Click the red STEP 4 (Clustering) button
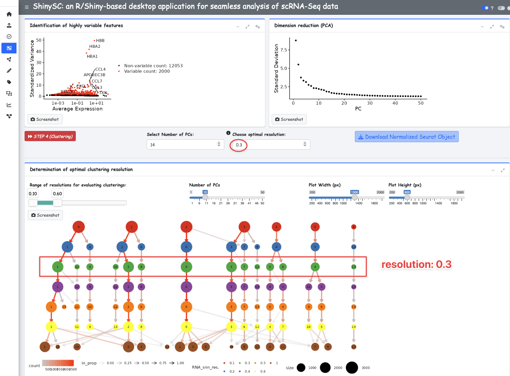coord(50,136)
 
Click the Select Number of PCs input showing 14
coord(183,145)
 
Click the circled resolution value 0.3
coord(239,145)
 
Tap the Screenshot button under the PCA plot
coord(289,119)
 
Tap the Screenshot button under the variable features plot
coord(45,119)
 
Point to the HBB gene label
coord(100,41)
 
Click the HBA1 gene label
coord(92,56)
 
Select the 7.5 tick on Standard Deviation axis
coord(284,50)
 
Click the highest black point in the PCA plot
coord(296,40)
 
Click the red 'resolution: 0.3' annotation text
coord(416,264)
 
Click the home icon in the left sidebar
coord(9,14)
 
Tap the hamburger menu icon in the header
coord(27,7)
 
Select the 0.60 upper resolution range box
coord(58,193)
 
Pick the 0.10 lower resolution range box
coord(33,193)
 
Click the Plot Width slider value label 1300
coord(355,192)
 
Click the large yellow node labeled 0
coord(186,327)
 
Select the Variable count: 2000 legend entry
coord(147,71)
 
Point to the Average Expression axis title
coord(78,109)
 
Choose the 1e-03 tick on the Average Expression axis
coord(58,103)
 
